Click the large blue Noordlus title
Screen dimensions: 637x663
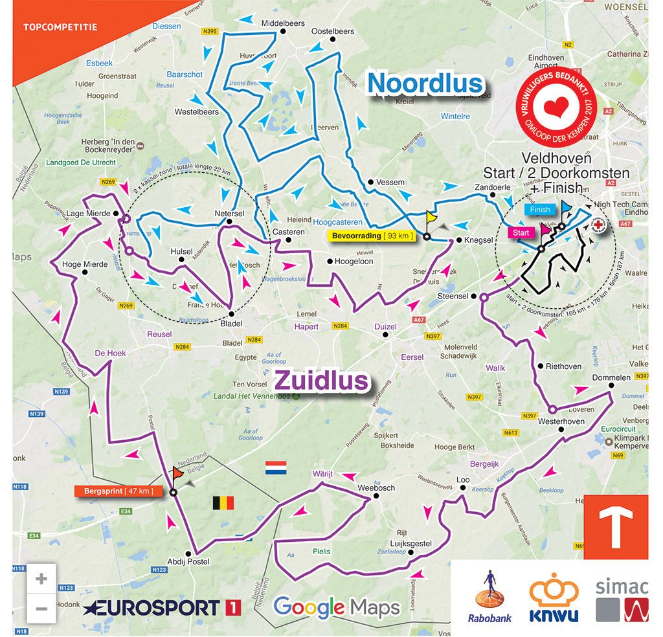click(425, 84)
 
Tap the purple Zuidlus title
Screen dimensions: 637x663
click(322, 381)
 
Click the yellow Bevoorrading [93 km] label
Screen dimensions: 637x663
click(372, 236)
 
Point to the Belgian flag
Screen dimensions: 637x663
click(223, 503)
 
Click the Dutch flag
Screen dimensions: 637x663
click(276, 467)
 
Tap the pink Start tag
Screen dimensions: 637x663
click(521, 232)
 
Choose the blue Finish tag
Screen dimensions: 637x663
click(539, 209)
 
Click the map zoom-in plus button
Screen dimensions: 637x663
click(41, 578)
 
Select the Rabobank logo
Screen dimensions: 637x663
click(489, 596)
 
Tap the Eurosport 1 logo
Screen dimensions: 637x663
click(162, 608)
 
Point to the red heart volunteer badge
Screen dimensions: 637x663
click(557, 106)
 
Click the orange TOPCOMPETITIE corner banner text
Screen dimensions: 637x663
click(60, 27)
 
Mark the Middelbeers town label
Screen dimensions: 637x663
click(282, 23)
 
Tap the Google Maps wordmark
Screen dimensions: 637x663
click(337, 607)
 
